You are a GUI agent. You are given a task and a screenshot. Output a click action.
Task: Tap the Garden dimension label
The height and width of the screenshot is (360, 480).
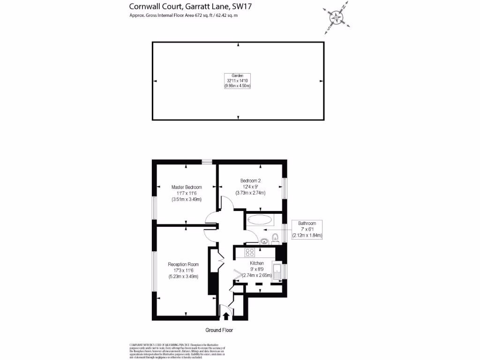coord(238,81)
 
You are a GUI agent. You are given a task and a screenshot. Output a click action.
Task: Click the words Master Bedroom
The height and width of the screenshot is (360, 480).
coord(187,187)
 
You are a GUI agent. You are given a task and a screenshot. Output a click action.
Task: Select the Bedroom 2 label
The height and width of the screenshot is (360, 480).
coord(250,181)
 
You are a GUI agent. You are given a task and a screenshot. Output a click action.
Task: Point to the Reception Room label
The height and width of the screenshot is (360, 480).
coord(183,264)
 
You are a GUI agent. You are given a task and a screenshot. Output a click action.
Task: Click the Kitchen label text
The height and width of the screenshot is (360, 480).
coord(256,263)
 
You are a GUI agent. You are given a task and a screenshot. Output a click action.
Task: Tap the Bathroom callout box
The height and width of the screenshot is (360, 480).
coord(307,229)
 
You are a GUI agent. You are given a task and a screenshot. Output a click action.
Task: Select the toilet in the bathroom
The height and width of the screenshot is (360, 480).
coord(275,240)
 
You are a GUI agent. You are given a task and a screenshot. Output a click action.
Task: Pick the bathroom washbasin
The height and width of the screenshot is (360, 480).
coord(264,241)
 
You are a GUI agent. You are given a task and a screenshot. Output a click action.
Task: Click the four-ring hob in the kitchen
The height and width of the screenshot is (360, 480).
coord(250,252)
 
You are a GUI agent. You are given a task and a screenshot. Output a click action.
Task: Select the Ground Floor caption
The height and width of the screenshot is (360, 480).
coord(219,330)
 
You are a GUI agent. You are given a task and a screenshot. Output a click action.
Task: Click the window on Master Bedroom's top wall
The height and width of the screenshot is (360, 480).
coord(207,162)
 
